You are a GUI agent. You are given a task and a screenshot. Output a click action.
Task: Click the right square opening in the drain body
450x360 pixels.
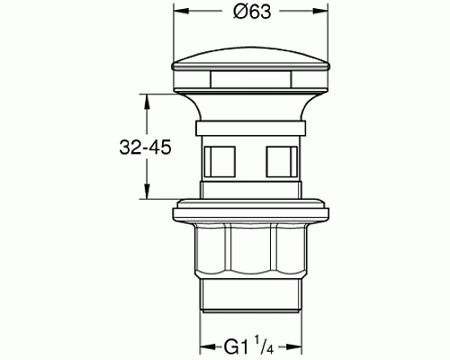point(280,162)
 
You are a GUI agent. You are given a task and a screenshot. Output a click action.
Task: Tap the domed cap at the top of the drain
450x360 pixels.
point(249,68)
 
